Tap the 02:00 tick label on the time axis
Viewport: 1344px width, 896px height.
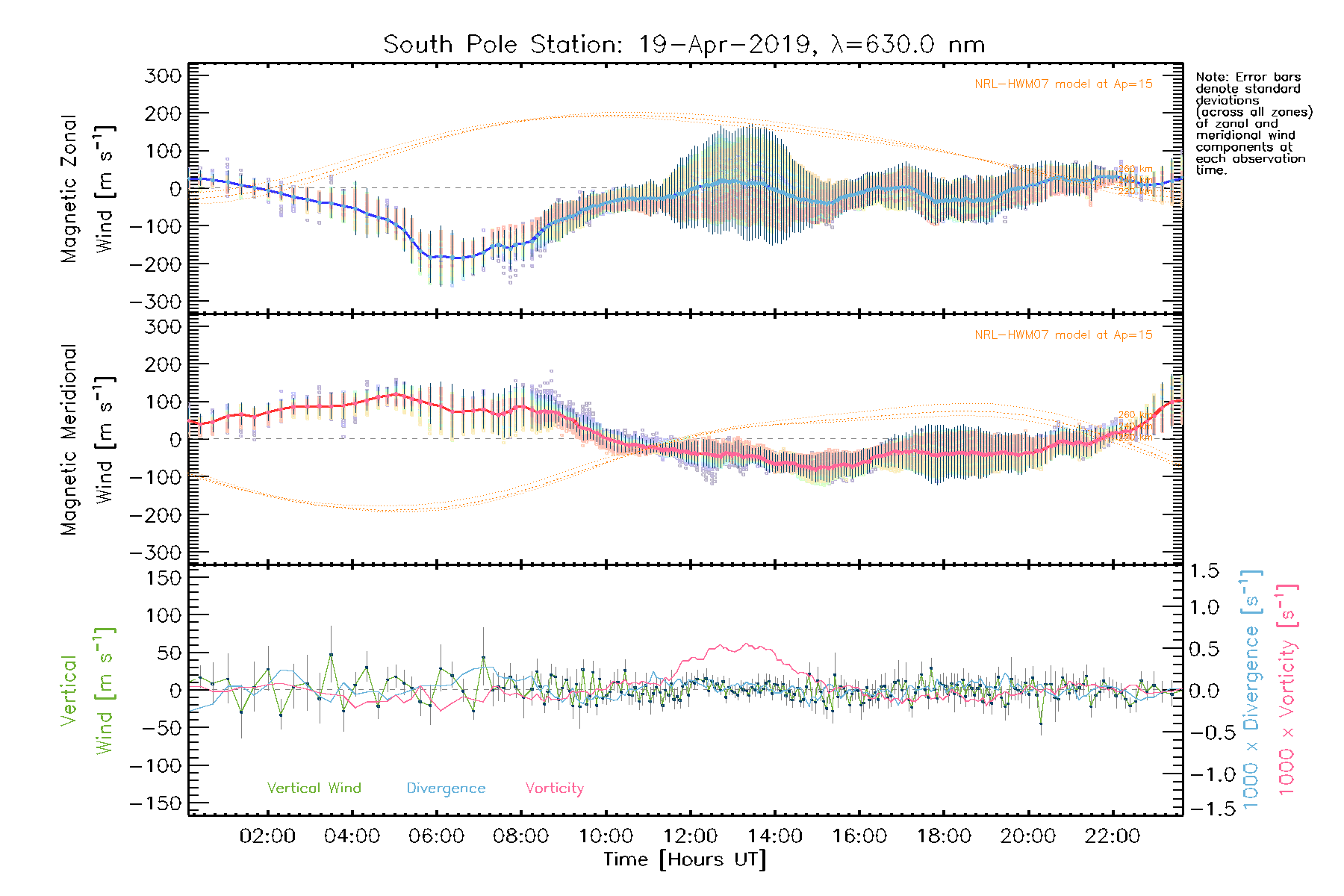(x=267, y=836)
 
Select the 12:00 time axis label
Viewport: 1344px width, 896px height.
(x=690, y=836)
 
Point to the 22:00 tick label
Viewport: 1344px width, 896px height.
(x=1113, y=836)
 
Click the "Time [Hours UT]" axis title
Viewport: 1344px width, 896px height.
(x=685, y=859)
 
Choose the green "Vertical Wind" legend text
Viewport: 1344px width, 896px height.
(x=314, y=788)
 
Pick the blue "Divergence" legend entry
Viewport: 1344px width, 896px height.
(x=446, y=788)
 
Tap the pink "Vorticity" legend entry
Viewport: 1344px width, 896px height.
(x=554, y=788)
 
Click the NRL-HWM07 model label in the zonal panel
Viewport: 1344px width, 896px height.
(x=1063, y=84)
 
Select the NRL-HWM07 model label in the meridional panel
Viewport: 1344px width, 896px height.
(x=1063, y=335)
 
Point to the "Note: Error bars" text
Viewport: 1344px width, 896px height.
(x=1248, y=77)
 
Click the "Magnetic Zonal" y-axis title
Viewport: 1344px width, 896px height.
(x=69, y=189)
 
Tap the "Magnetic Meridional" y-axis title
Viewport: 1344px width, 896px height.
(x=69, y=440)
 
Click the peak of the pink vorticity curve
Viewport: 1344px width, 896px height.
(x=745, y=644)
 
